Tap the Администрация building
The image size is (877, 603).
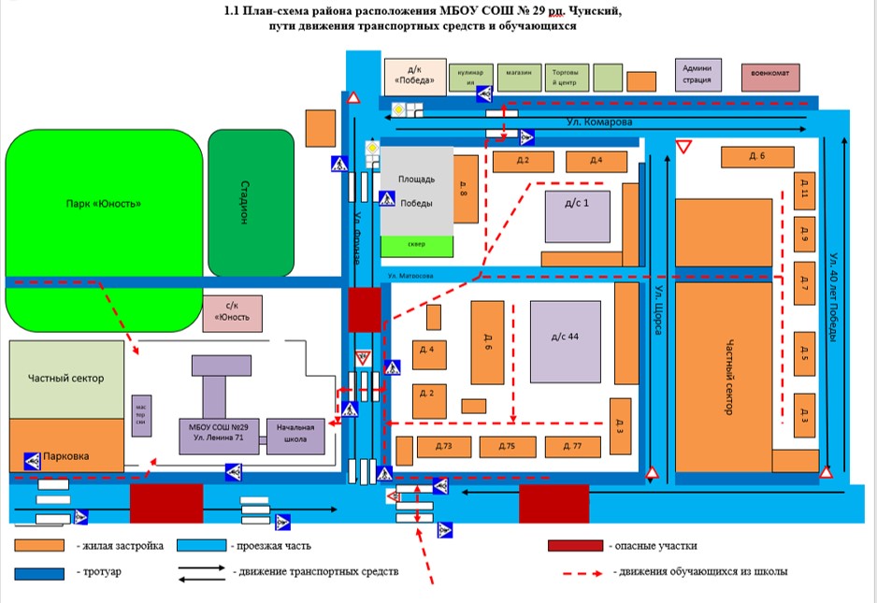(x=697, y=74)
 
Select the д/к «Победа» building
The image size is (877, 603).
(x=414, y=74)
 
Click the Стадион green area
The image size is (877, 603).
(x=243, y=203)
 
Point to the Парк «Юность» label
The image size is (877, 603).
(x=104, y=204)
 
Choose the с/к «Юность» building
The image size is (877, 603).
(x=232, y=312)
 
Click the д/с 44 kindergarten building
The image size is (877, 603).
(x=567, y=340)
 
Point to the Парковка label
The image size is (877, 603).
(x=66, y=457)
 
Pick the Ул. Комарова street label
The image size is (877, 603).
(x=599, y=122)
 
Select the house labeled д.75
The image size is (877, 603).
(x=507, y=447)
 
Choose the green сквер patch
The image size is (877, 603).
(x=416, y=245)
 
